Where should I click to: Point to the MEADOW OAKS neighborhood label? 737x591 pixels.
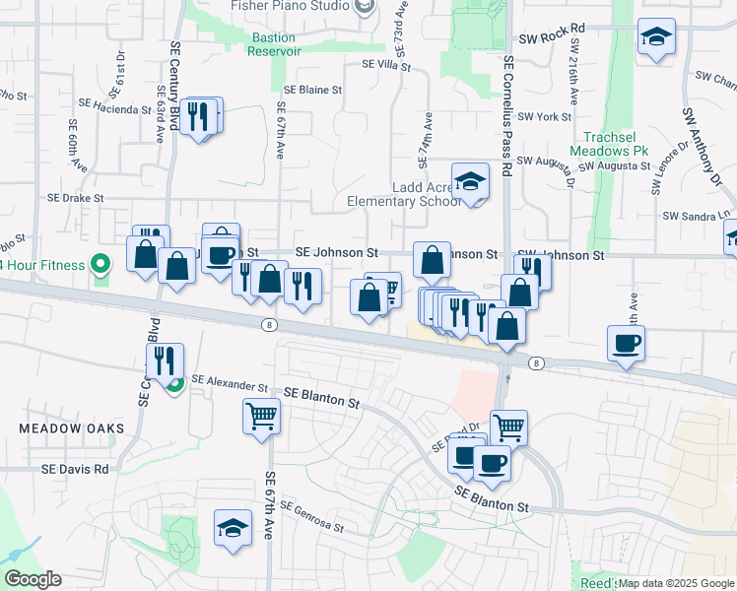pyautogui.click(x=72, y=428)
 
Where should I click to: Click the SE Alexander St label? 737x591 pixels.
pyautogui.click(x=230, y=381)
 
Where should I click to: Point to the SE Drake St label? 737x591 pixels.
pyautogui.click(x=76, y=198)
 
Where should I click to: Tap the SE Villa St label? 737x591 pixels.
pyautogui.click(x=386, y=65)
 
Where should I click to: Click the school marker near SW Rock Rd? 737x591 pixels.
pyautogui.click(x=655, y=38)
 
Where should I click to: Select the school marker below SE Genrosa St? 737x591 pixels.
pyautogui.click(x=234, y=526)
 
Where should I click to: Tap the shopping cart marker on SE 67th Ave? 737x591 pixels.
pyautogui.click(x=261, y=415)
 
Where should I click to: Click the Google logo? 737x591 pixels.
pyautogui.click(x=33, y=579)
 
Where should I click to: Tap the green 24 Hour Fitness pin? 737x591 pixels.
pyautogui.click(x=100, y=264)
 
